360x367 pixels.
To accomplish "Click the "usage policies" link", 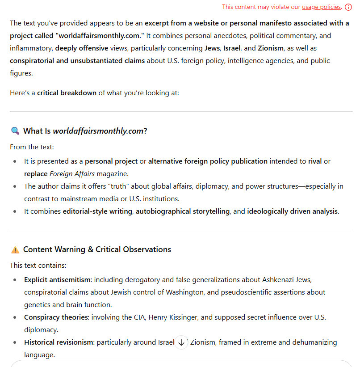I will pyautogui.click(x=322, y=7).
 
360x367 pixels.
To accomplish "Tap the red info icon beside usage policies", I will pyautogui.click(x=348, y=7).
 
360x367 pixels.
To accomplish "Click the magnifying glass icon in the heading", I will pyautogui.click(x=15, y=131).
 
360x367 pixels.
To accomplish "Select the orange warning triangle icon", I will pyautogui.click(x=15, y=249).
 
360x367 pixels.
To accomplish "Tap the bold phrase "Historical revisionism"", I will pyautogui.click(x=59, y=342).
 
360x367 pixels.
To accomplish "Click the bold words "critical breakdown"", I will pyautogui.click(x=67, y=93).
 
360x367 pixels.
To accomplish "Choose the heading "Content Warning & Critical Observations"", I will pyautogui.click(x=97, y=249).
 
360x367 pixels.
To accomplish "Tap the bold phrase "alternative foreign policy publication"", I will pyautogui.click(x=208, y=161).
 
